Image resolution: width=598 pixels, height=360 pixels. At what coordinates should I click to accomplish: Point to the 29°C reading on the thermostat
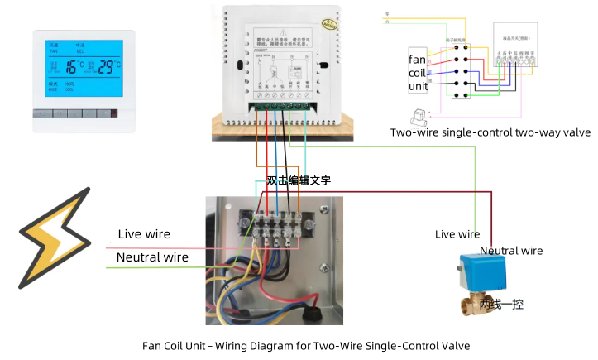click(x=107, y=67)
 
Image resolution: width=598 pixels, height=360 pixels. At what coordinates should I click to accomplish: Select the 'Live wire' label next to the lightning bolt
click(x=144, y=234)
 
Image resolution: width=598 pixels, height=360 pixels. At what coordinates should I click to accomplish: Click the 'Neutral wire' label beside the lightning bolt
click(x=152, y=257)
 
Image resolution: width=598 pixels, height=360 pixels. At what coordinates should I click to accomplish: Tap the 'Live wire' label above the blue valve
click(x=457, y=235)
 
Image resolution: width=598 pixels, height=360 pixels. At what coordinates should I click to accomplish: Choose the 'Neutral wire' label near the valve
click(x=511, y=251)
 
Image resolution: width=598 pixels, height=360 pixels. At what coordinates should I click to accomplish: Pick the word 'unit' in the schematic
click(x=417, y=87)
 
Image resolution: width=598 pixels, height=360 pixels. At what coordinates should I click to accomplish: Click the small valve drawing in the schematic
click(x=415, y=115)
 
